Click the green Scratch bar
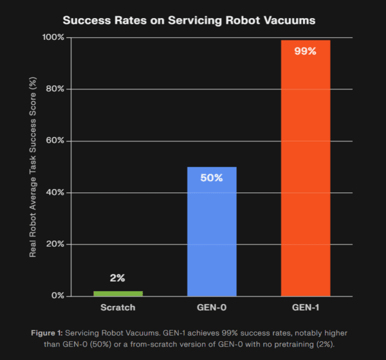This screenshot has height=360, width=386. (x=118, y=294)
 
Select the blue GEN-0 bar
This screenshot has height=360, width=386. (x=212, y=231)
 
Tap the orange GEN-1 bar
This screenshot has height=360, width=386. (x=306, y=168)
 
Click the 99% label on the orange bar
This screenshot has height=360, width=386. (x=305, y=51)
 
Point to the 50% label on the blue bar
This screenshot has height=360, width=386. (x=212, y=177)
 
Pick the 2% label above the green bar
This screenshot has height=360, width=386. (x=118, y=278)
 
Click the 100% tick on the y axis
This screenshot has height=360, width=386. (x=53, y=37)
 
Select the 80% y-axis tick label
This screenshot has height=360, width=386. (x=55, y=89)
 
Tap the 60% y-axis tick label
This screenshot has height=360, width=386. (x=55, y=141)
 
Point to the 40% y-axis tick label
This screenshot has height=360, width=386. (x=55, y=192)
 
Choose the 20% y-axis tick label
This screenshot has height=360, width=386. (x=55, y=244)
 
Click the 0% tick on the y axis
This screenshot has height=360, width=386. (x=58, y=296)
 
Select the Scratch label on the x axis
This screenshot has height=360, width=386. (x=118, y=307)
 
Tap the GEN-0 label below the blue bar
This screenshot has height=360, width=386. (x=212, y=307)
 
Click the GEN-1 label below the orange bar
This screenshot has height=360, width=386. (x=306, y=307)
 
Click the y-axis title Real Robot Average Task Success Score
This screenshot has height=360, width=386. (x=33, y=167)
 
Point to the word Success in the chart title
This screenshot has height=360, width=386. (x=87, y=21)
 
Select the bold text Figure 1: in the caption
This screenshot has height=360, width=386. (x=47, y=333)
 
